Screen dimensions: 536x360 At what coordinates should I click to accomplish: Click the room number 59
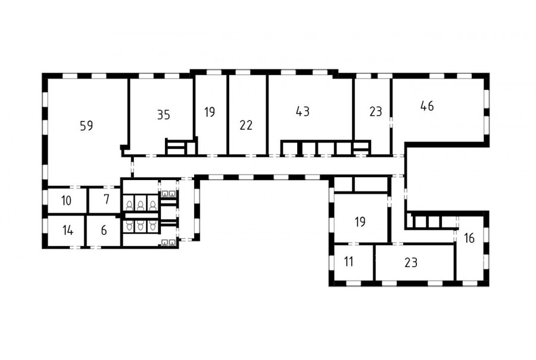[x=86, y=126]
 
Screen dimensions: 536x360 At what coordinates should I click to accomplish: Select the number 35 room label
[x=163, y=115]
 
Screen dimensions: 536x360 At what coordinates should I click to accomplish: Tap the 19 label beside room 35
[x=210, y=112]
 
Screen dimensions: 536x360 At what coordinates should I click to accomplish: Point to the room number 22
[x=246, y=125]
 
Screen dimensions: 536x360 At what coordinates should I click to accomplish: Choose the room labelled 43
[x=303, y=111]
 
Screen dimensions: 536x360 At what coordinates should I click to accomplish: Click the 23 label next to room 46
[x=375, y=111]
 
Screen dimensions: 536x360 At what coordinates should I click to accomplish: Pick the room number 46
[x=427, y=106]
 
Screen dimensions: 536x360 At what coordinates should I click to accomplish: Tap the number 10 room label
[x=66, y=200]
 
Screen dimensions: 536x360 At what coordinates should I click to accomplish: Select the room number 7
[x=107, y=199]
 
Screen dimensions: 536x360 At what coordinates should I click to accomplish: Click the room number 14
[x=68, y=231]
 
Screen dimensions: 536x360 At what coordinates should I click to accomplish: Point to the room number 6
[x=104, y=231]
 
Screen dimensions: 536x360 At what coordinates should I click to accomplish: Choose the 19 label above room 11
[x=360, y=222]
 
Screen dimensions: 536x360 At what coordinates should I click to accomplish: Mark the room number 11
[x=348, y=262]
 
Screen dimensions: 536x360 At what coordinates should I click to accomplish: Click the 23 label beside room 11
[x=410, y=263]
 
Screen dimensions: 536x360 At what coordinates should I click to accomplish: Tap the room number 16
[x=469, y=238]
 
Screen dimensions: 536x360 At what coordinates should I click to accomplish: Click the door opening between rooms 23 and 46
[x=391, y=122]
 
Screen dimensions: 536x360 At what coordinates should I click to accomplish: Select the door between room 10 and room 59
[x=75, y=187]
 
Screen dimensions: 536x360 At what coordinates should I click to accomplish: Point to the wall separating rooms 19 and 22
[x=228, y=115]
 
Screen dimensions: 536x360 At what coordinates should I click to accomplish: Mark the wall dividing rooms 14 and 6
[x=85, y=231]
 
